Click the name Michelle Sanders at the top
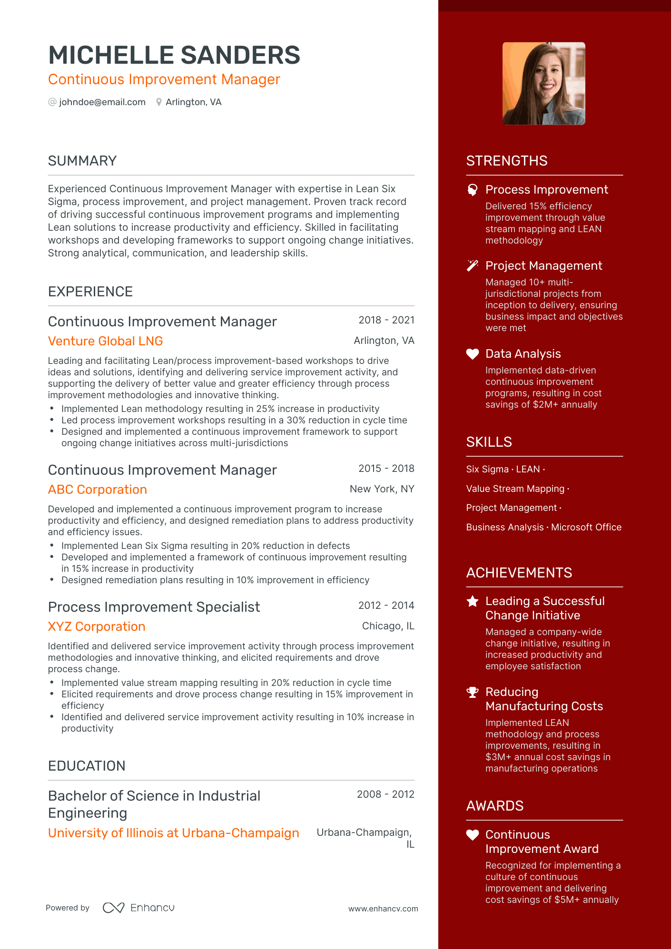coord(174,55)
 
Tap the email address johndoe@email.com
coord(102,102)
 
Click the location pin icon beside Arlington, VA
coord(159,102)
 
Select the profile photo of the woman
coord(544,84)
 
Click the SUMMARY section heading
coord(82,161)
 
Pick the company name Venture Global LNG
coord(106,341)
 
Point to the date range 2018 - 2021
coord(386,320)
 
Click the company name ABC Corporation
coord(98,489)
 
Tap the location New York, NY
coord(382,489)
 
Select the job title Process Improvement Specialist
coord(154,607)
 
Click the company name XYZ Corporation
coord(97,626)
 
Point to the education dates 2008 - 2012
coord(385,794)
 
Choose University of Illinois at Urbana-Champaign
coord(174,833)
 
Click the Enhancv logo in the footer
coord(139,908)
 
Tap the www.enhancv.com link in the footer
coord(383,909)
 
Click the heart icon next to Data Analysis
coord(473,354)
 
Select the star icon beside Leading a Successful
coord(473,601)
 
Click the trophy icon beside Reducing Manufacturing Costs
coord(473,692)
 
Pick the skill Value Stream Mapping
coord(515,489)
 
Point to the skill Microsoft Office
coord(586,527)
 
